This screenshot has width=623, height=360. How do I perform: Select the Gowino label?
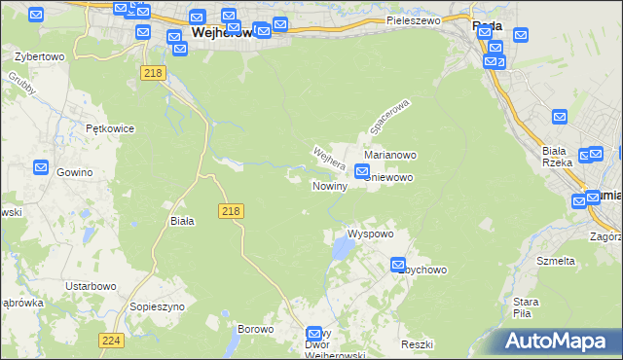click(74, 172)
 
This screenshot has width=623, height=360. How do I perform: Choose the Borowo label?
click(255, 329)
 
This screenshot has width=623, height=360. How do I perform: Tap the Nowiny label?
click(329, 186)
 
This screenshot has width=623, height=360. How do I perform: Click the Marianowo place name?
click(390, 155)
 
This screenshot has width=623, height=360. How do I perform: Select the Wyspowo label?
click(370, 234)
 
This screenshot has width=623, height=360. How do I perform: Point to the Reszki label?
click(416, 345)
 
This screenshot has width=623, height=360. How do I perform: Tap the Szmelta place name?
click(556, 261)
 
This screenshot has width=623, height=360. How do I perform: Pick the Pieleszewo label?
click(413, 19)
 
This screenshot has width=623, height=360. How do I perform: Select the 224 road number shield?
click(110, 340)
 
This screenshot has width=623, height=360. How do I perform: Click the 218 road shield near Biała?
click(232, 211)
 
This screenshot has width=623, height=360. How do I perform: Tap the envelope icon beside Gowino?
click(41, 167)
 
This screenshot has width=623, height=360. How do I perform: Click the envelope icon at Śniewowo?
click(362, 173)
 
